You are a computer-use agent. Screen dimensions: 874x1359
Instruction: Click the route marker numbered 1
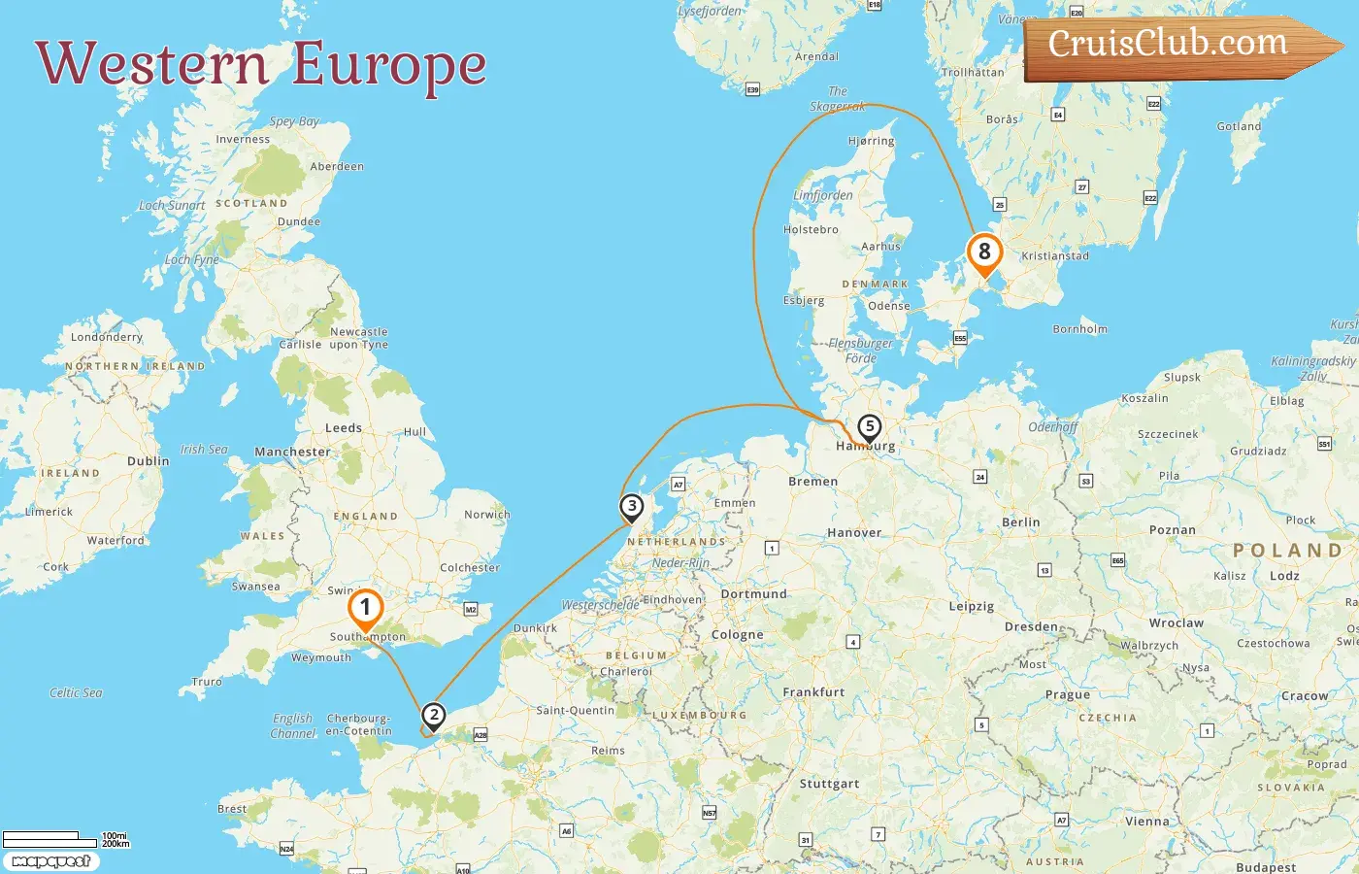365,609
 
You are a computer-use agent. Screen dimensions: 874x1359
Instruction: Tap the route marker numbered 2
433,717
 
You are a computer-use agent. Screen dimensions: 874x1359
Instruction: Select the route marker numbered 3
632,506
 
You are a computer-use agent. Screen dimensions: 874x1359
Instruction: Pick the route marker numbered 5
870,426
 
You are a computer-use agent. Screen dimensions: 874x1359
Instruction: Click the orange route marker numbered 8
984,252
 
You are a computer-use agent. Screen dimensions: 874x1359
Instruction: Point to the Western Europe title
260,65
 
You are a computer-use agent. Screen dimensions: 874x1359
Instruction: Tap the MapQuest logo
50,861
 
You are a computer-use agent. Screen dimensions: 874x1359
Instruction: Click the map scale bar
65,838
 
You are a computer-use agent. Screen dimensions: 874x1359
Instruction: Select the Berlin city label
1020,522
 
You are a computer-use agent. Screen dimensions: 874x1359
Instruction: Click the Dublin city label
148,461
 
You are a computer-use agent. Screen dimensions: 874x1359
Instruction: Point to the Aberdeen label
337,167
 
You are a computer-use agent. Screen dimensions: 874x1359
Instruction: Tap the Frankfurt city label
813,692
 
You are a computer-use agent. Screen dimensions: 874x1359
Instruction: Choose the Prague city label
1067,695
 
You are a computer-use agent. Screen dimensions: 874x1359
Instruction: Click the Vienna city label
1146,822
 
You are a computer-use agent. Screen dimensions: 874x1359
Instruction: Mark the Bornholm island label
1079,329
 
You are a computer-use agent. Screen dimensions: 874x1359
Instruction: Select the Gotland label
1239,126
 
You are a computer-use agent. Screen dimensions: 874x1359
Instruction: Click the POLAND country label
1286,551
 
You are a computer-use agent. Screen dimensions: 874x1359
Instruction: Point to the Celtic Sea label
76,693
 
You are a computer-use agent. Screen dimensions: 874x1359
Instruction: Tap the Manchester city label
292,452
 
